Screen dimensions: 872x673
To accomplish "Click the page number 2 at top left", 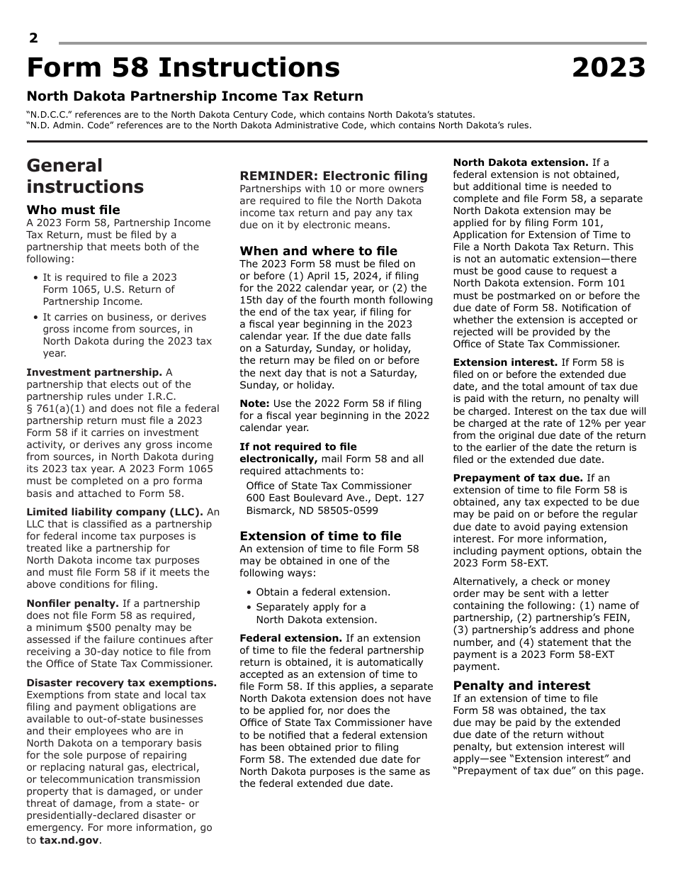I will [x=33, y=38].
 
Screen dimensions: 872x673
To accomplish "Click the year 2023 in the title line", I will [x=609, y=68].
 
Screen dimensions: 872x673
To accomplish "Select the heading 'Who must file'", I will [x=73, y=210].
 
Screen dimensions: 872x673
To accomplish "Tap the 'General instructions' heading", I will [x=85, y=176].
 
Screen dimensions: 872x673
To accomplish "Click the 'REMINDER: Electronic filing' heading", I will [x=334, y=176].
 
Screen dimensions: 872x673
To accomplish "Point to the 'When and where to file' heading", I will [x=318, y=251].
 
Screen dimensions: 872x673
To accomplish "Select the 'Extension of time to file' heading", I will [x=320, y=536].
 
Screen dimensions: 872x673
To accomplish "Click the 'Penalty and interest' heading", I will [x=521, y=686].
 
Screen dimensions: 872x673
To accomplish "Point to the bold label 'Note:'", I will [x=254, y=403].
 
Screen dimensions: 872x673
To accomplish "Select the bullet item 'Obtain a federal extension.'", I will [x=323, y=592].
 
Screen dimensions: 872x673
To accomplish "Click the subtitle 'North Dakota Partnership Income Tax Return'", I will [x=195, y=96].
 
